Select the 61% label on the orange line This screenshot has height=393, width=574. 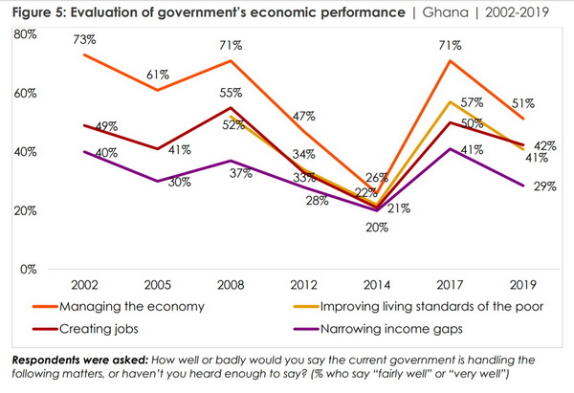158,75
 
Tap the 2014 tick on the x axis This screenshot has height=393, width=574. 375,286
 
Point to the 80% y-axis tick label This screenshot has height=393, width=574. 26,34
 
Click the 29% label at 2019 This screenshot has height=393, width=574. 543,186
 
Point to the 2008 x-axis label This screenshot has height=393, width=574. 231,286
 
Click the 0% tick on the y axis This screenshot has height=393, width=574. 26,270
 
